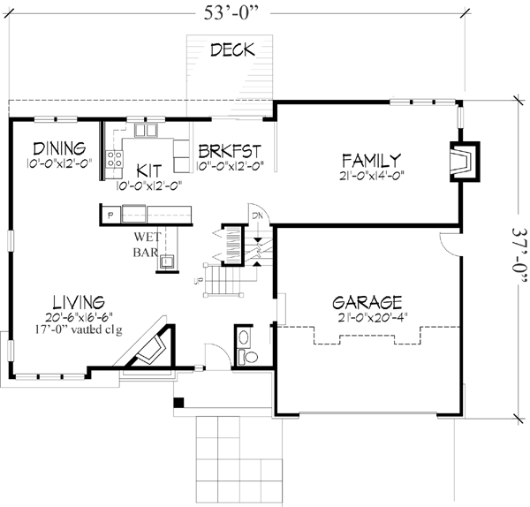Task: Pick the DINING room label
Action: point(57,148)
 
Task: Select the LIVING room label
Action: point(78,301)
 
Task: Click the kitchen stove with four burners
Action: point(114,159)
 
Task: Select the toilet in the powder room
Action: point(249,356)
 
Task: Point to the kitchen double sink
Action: point(145,133)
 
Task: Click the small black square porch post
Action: point(179,404)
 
